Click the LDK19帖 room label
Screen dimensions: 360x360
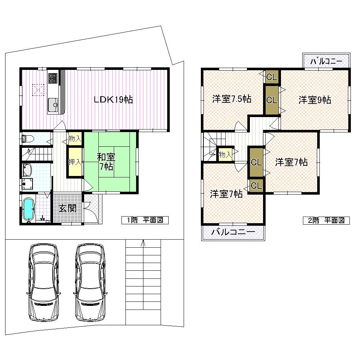pyautogui.click(x=113, y=99)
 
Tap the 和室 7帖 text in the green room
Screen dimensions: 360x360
pyautogui.click(x=106, y=161)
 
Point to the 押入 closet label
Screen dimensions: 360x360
pyautogui.click(x=75, y=162)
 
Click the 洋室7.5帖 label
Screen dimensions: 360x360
pyautogui.click(x=232, y=99)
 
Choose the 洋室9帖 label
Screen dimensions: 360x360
pyautogui.click(x=315, y=100)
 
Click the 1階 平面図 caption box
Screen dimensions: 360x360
pyautogui.click(x=145, y=220)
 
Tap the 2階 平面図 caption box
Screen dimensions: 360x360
pyautogui.click(x=326, y=220)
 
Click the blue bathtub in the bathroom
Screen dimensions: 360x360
pyautogui.click(x=29, y=210)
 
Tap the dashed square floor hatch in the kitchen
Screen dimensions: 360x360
pyautogui.click(x=38, y=90)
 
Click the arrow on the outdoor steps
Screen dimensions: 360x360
pyautogui.click(x=143, y=242)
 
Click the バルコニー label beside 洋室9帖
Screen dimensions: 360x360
pyautogui.click(x=326, y=61)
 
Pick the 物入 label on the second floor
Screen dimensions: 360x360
pyautogui.click(x=225, y=154)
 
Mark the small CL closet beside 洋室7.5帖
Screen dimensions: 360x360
pyautogui.click(x=271, y=77)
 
